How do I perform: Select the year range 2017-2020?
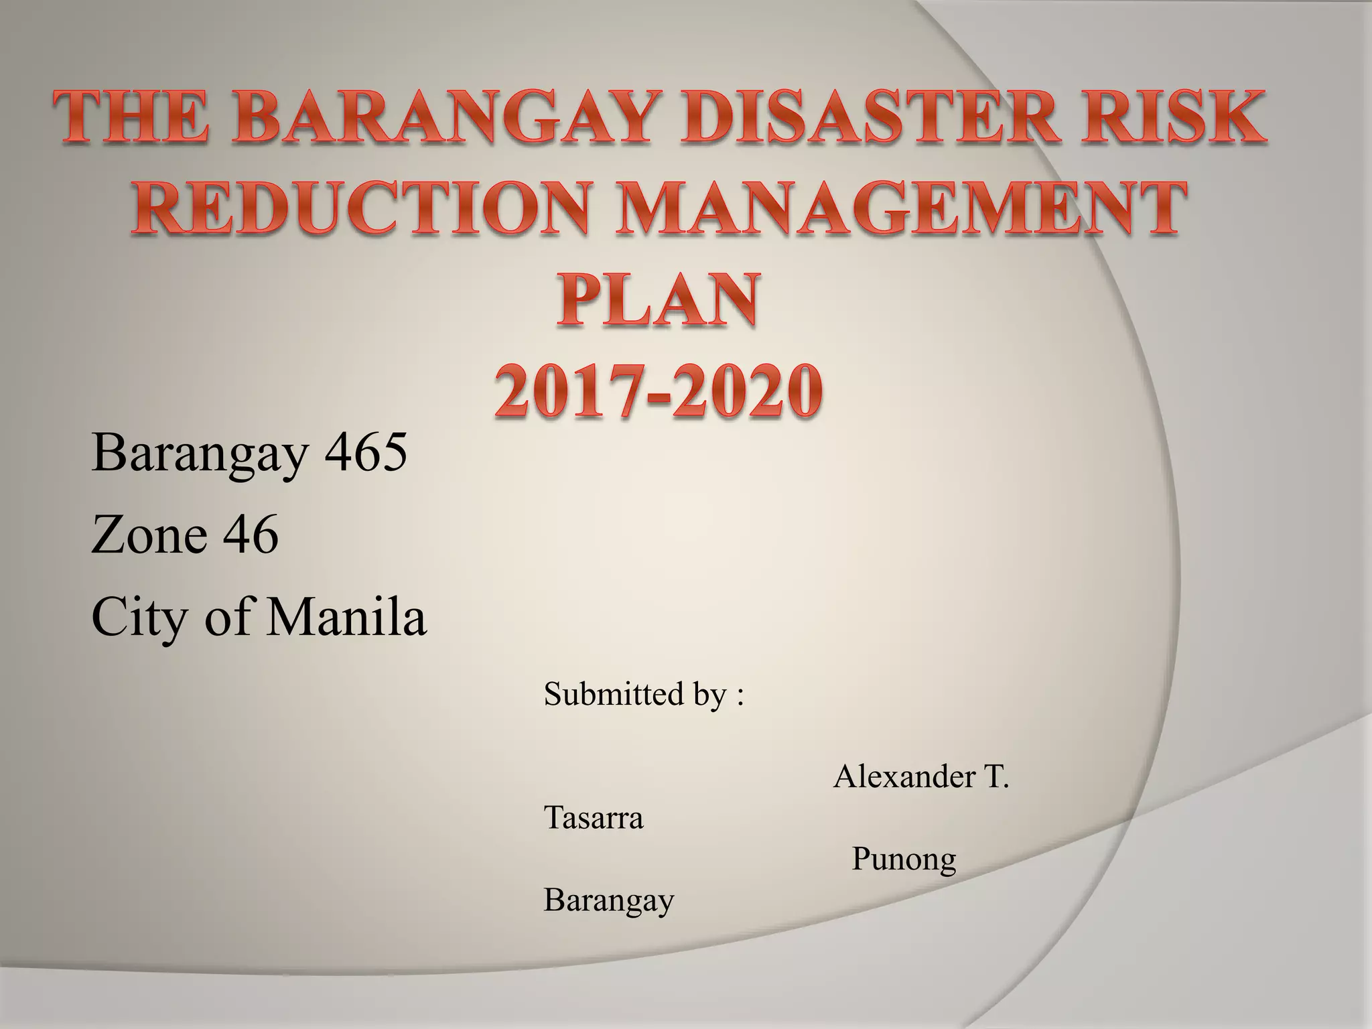(659, 390)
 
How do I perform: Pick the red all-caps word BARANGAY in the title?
(440, 119)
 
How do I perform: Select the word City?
(139, 617)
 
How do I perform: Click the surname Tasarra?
(594, 818)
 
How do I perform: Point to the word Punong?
(904, 860)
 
